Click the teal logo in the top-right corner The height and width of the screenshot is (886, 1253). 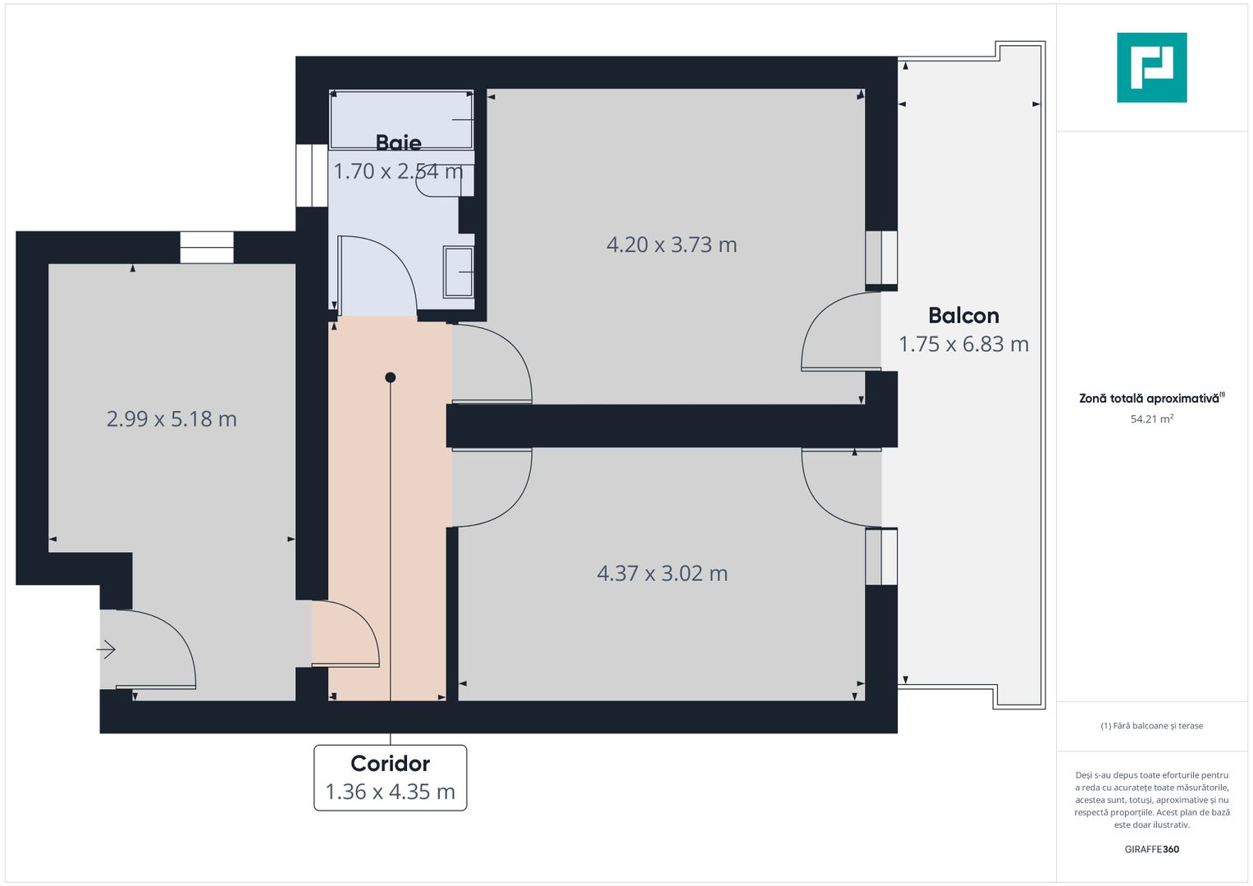[1151, 67]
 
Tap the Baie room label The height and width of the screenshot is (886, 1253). [398, 143]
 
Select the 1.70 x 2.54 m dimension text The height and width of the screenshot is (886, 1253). [398, 171]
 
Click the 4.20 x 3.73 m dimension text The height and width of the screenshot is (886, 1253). [671, 244]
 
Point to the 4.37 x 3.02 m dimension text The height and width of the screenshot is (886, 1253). [662, 573]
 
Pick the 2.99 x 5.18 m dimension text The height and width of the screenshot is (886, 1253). [171, 419]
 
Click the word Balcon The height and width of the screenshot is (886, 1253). [963, 316]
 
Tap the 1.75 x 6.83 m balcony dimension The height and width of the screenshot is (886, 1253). [963, 345]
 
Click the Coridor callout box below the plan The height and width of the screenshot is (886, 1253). [391, 778]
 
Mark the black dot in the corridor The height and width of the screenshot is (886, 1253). [391, 377]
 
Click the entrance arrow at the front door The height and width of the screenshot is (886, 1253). [106, 651]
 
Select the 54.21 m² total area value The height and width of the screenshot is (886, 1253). [1151, 419]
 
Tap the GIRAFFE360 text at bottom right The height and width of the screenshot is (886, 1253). [1151, 849]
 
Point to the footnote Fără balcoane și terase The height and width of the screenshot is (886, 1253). [1151, 726]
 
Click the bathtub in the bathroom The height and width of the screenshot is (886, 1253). [401, 120]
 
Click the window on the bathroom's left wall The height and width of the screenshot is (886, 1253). [312, 176]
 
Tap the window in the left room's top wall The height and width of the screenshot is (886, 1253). [207, 248]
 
